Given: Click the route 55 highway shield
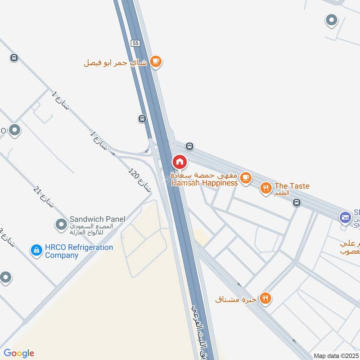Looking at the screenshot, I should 135,43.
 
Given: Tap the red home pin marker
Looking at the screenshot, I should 179,162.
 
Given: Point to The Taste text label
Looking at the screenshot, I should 292,186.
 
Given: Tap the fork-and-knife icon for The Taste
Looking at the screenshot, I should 266,189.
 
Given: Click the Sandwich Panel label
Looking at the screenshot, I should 97,219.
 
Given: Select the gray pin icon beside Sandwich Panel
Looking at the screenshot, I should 60,224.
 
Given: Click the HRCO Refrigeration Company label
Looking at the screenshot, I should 79,251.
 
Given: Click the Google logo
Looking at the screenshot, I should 19,353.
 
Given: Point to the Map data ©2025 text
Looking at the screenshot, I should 337,355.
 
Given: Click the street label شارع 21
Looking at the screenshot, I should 43,198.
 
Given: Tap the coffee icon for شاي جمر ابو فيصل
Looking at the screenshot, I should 156,62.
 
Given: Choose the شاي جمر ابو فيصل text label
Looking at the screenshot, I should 115,63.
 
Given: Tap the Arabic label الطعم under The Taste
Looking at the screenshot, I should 295,193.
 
